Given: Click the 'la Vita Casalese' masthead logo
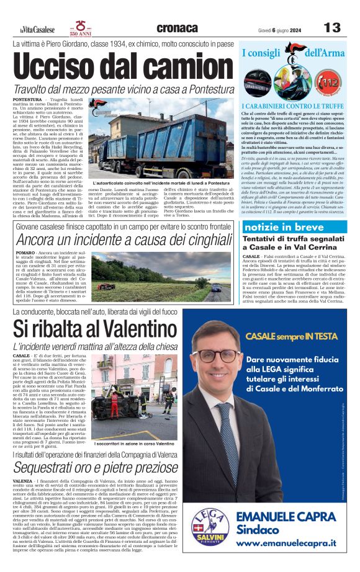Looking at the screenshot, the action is point(37,29).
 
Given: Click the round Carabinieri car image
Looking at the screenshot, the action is point(256,83).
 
